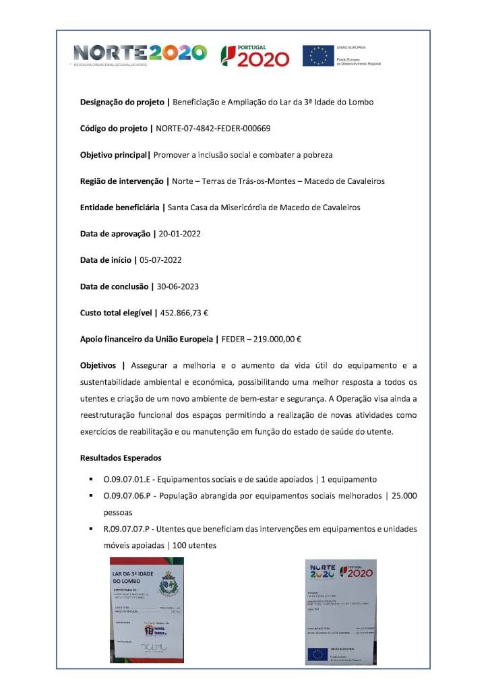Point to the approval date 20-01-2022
point(179,233)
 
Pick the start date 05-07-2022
point(160,259)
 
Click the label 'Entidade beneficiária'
point(119,207)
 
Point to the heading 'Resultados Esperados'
point(121,458)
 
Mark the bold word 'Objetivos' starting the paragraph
point(98,365)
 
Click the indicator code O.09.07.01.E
point(129,479)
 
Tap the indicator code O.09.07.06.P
point(129,495)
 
